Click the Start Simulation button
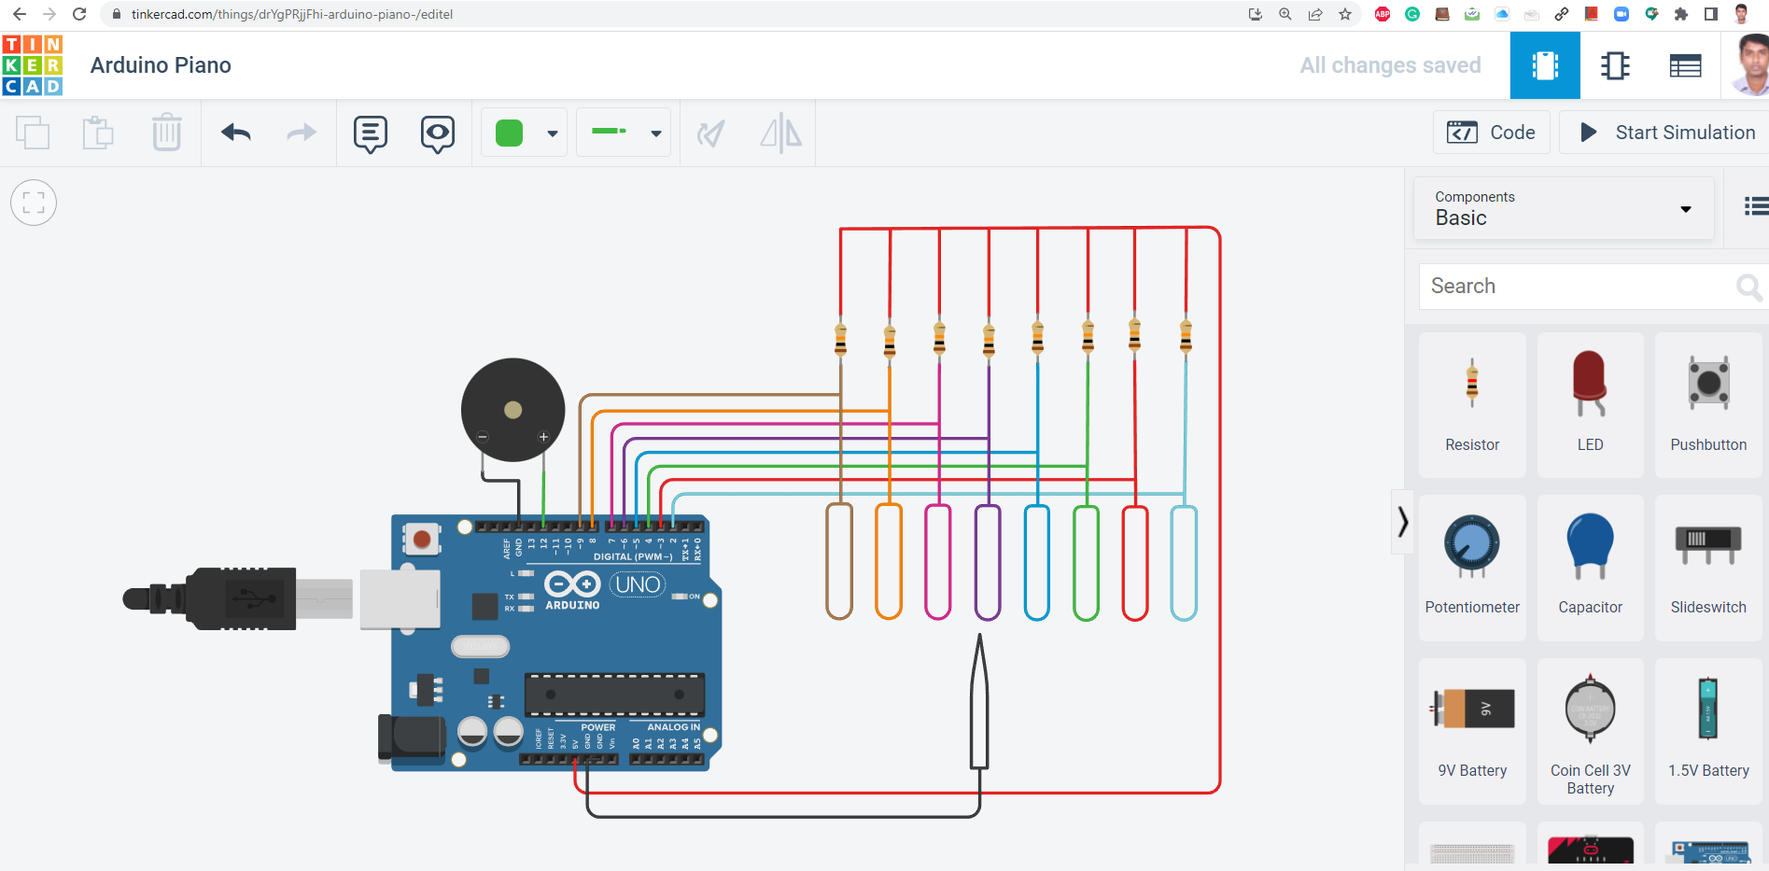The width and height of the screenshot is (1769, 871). pyautogui.click(x=1667, y=133)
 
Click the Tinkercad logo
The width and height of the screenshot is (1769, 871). pyautogui.click(x=33, y=65)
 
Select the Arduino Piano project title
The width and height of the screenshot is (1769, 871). pyautogui.click(x=161, y=65)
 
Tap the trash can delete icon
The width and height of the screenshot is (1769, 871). pyautogui.click(x=166, y=133)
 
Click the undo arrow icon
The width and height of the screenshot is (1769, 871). pyautogui.click(x=236, y=133)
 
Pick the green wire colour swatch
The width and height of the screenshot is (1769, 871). pyautogui.click(x=510, y=133)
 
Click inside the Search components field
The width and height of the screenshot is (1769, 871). pyautogui.click(x=1578, y=286)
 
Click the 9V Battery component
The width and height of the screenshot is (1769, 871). pyautogui.click(x=1472, y=729)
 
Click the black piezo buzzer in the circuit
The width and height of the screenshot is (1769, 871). pyautogui.click(x=512, y=410)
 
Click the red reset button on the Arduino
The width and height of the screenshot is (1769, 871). pyautogui.click(x=422, y=539)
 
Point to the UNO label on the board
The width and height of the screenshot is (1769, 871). pyautogui.click(x=638, y=584)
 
